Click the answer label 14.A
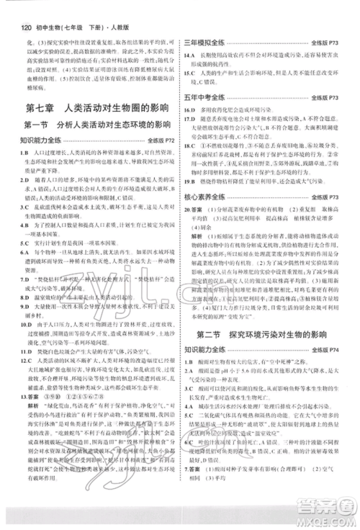tap(192, 58)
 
